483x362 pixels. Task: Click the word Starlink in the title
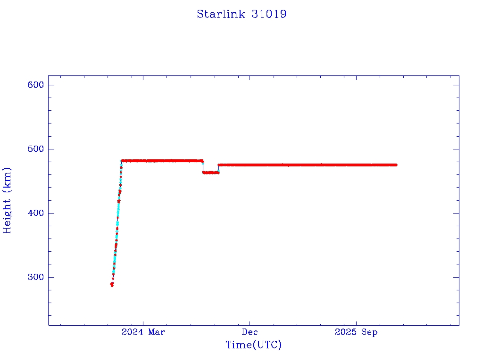click(220, 14)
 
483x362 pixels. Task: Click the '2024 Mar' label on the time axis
click(143, 332)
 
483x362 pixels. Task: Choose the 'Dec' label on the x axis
click(250, 332)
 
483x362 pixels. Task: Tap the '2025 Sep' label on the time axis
click(356, 332)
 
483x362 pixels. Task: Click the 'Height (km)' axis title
click(7, 200)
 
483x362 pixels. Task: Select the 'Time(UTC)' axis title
click(254, 345)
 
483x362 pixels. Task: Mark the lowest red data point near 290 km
click(112, 285)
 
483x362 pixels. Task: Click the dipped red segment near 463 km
click(211, 173)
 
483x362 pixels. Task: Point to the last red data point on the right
click(396, 165)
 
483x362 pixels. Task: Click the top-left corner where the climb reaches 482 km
click(122, 161)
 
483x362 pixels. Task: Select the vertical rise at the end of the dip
click(218, 169)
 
